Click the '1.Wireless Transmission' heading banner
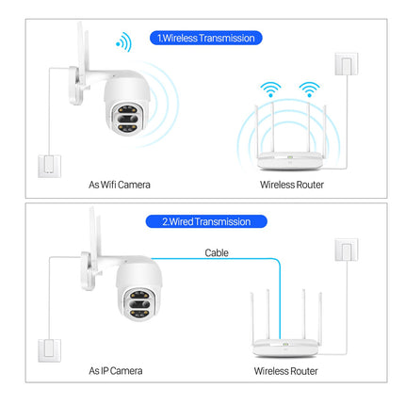pyautogui.click(x=205, y=39)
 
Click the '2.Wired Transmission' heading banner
pyautogui.click(x=205, y=221)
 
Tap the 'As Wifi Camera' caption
pyautogui.click(x=120, y=185)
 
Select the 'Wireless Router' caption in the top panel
pyautogui.click(x=291, y=185)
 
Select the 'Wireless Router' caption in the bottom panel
pyautogui.click(x=285, y=372)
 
